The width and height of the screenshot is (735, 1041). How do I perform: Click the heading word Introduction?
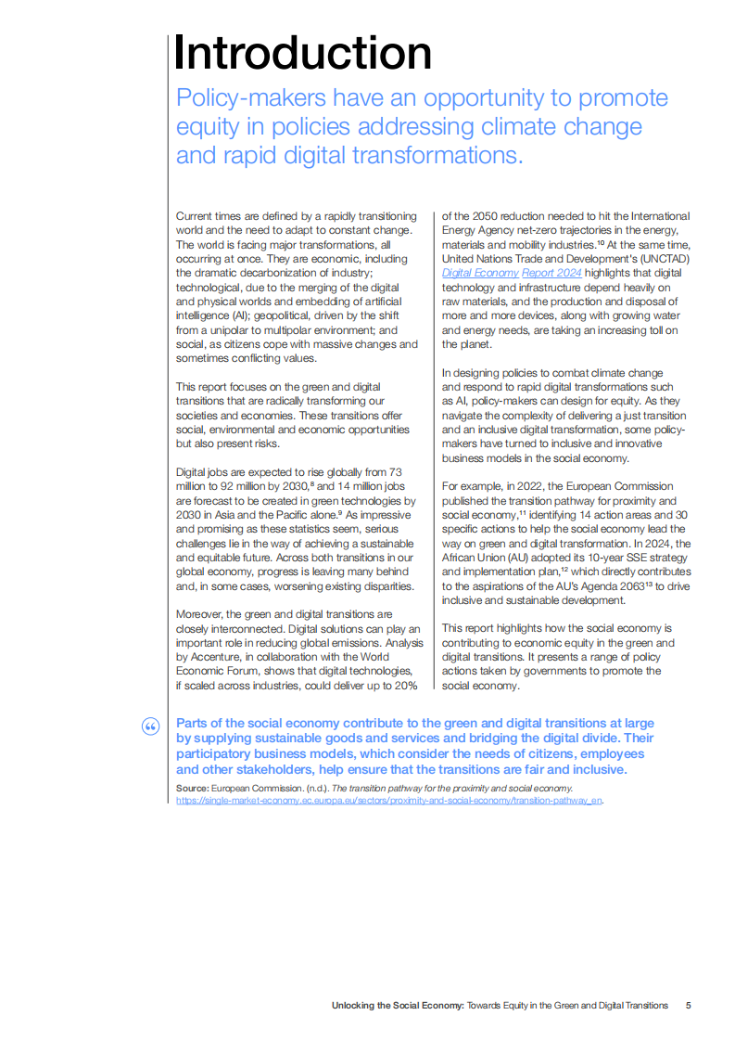(302, 53)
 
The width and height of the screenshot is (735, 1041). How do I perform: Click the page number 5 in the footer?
(688, 1005)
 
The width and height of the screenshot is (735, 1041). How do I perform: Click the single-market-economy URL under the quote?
(389, 800)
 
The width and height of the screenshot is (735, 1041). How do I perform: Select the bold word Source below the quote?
(192, 788)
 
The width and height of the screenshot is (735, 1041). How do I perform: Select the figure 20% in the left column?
(403, 686)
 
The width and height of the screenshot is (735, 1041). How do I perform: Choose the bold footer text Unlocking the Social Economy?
(398, 1005)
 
